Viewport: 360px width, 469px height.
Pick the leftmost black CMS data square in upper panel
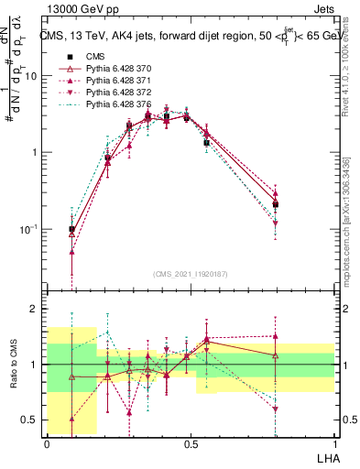point(71,229)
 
